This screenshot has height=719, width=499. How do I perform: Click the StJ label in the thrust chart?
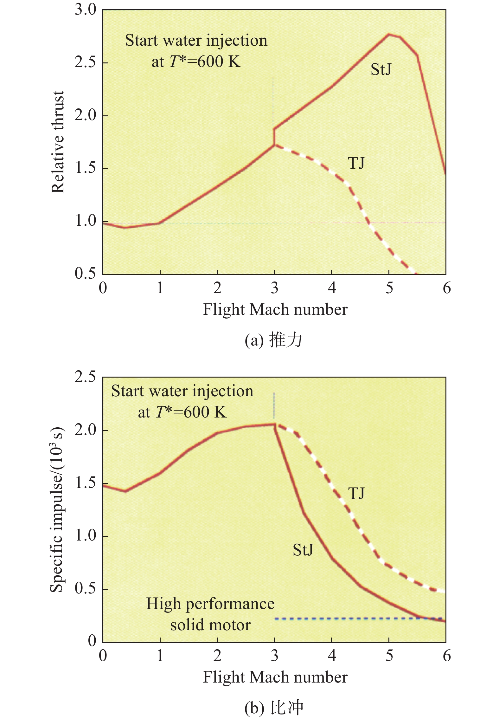[381, 69]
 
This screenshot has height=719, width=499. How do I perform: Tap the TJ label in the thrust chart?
[356, 163]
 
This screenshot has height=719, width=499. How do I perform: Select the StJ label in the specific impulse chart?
[303, 549]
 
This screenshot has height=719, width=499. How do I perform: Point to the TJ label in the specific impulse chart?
[356, 493]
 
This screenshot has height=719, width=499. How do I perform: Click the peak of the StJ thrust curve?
[389, 34]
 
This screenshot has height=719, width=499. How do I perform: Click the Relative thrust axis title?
[58, 142]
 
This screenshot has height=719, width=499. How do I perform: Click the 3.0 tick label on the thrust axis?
[85, 10]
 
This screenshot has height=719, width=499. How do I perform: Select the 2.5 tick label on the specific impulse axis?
[85, 377]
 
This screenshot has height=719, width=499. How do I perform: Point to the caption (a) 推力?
[273, 340]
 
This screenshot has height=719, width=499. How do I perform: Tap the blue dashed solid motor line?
[358, 619]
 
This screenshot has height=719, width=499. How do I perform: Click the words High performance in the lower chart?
[210, 604]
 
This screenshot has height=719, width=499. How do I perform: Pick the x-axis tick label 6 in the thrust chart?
[446, 288]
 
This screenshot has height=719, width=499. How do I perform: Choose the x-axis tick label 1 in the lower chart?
[160, 655]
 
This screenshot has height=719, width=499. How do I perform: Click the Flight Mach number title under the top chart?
[275, 309]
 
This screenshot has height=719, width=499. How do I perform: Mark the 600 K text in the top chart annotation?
[219, 61]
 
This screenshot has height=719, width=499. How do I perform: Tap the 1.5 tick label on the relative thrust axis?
[85, 168]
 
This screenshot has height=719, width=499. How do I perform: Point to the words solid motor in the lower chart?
[210, 625]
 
